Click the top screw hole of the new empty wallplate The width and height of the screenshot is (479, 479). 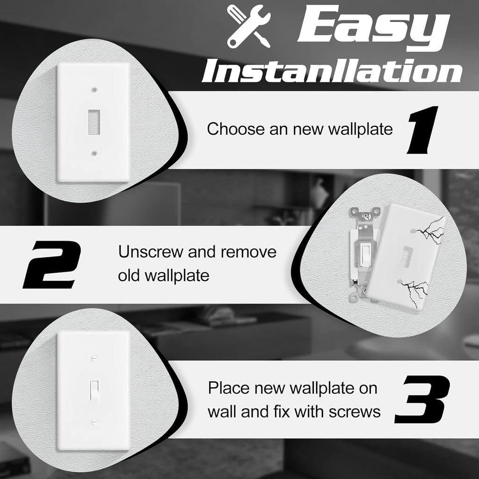[95, 88]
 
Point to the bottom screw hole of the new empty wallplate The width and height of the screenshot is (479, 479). [95, 152]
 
